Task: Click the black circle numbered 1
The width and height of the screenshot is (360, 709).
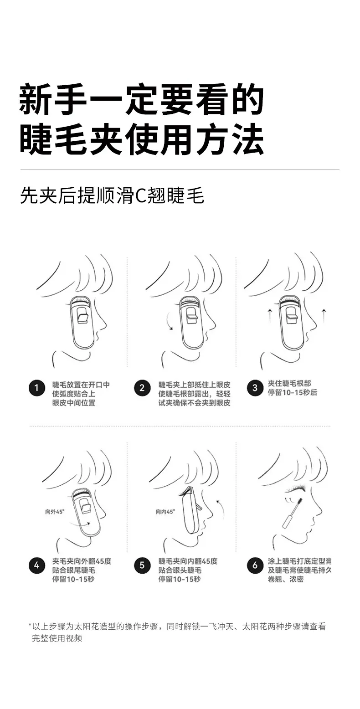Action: [x=37, y=388]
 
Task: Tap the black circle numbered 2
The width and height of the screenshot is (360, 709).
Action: [x=142, y=388]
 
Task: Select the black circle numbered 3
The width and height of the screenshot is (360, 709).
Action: [x=255, y=388]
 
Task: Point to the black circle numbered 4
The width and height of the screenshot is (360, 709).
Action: [x=37, y=565]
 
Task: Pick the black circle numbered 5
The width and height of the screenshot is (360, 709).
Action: [x=142, y=565]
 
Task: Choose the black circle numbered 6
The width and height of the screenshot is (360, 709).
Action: [x=255, y=565]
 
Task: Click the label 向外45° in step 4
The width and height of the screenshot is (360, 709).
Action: [x=55, y=512]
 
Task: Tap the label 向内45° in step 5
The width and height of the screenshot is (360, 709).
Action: [x=165, y=512]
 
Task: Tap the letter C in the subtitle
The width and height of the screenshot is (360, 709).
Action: [x=139, y=196]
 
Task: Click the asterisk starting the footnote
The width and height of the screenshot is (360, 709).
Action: [x=30, y=625]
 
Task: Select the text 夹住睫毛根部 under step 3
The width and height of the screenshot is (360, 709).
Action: [x=289, y=384]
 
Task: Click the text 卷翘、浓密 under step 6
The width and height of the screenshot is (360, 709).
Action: [x=286, y=579]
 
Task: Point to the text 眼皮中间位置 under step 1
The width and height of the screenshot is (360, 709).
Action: [x=74, y=403]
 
